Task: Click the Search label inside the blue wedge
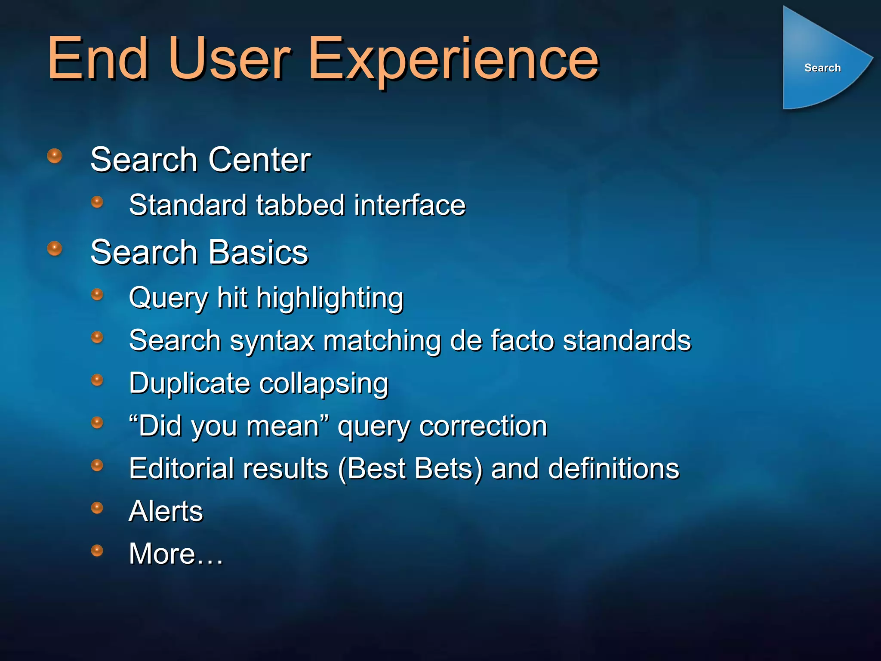pos(822,68)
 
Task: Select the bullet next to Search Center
pos(55,156)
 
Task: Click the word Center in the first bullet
pos(259,160)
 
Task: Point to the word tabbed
pos(301,205)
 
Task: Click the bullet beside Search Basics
pos(55,248)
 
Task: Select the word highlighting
pos(330,299)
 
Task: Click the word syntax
pos(272,341)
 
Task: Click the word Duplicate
pos(190,383)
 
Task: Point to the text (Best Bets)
pos(411,469)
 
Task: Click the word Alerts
pos(166,511)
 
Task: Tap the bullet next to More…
pos(97,550)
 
